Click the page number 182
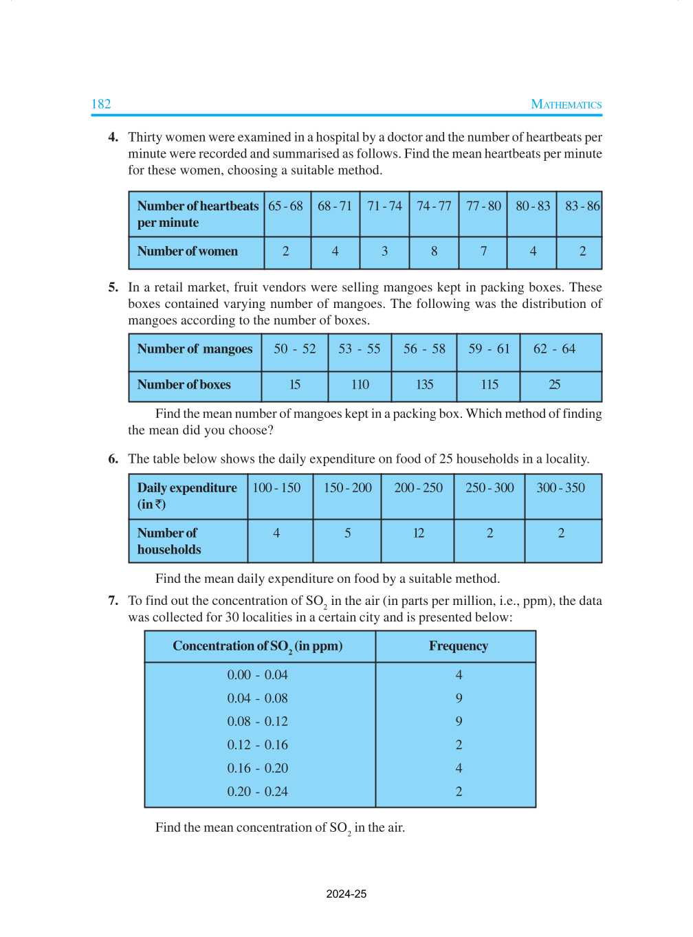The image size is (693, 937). click(x=101, y=104)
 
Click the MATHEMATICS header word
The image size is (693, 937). click(x=566, y=104)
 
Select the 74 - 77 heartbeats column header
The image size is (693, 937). click(x=434, y=206)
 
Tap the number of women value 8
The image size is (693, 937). click(x=434, y=252)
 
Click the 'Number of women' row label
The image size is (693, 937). click(x=187, y=252)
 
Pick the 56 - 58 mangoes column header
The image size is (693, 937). click(x=424, y=349)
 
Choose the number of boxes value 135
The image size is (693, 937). click(x=424, y=385)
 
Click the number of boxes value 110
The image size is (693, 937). click(x=360, y=385)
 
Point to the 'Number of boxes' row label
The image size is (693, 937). click(x=184, y=385)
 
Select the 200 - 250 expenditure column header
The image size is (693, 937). click(x=418, y=488)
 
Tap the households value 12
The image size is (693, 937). click(x=418, y=533)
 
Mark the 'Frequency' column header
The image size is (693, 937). click(x=458, y=646)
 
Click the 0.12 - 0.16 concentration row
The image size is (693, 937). click(x=257, y=745)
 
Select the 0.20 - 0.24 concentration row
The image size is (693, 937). click(x=257, y=792)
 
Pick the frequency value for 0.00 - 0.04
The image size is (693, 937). click(x=459, y=675)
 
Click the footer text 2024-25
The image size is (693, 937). click(x=346, y=894)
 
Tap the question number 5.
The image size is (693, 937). click(x=113, y=287)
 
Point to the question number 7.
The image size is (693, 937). click(x=113, y=601)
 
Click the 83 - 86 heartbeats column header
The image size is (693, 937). click(x=582, y=206)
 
